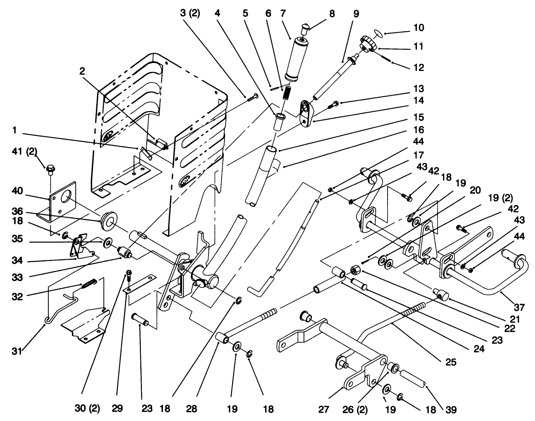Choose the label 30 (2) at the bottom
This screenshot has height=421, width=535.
click(87, 408)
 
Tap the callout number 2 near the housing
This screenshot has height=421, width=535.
click(82, 71)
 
